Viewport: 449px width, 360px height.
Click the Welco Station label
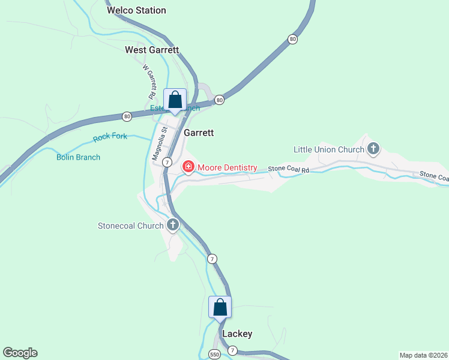[x=136, y=10]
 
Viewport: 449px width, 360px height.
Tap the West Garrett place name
[x=152, y=50]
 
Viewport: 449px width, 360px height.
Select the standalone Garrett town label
[x=199, y=133]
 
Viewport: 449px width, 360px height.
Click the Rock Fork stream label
[x=110, y=137]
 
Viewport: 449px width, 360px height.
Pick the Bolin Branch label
[x=78, y=157]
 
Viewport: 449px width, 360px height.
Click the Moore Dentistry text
[x=228, y=167]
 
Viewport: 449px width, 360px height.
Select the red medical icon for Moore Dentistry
[x=188, y=166]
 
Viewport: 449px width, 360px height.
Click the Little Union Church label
[x=329, y=149]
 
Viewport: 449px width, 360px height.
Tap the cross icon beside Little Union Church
[x=373, y=148]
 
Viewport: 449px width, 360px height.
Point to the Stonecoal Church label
[x=131, y=226]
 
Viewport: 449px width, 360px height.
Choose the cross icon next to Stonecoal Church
[x=173, y=226]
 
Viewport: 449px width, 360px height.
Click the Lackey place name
[x=237, y=334]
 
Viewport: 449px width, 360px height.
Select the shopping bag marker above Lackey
[x=220, y=307]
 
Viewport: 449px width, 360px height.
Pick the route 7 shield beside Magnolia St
[x=167, y=163]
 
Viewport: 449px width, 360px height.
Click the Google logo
[x=20, y=353]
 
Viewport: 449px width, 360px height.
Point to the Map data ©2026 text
[x=423, y=355]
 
